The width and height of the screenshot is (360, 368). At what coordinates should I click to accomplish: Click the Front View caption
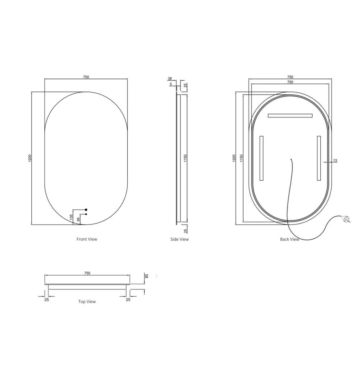point(87,239)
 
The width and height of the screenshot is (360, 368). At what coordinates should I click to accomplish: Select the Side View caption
point(179,239)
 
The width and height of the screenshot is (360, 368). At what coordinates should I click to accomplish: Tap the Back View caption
point(290,239)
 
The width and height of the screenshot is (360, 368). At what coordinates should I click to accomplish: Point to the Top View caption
point(87,302)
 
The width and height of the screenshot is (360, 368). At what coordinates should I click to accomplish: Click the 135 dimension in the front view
point(71,217)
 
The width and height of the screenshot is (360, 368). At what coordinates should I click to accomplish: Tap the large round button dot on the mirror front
point(86,210)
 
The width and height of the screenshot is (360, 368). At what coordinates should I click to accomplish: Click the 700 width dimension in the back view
point(290,82)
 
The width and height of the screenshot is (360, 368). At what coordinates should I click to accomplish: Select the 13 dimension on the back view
point(335,160)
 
